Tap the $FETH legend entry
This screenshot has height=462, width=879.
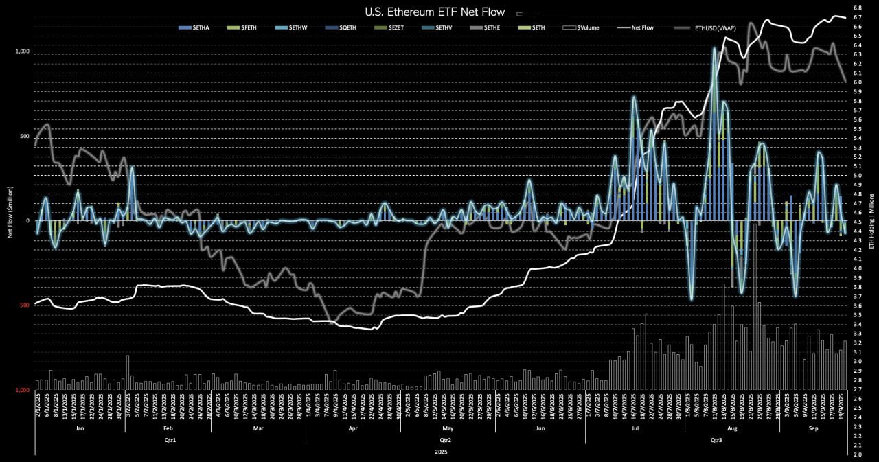click(x=247, y=27)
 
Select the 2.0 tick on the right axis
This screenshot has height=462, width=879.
click(x=858, y=454)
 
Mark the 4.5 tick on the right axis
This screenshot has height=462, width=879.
click(x=858, y=222)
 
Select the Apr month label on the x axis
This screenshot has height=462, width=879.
click(x=353, y=428)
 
